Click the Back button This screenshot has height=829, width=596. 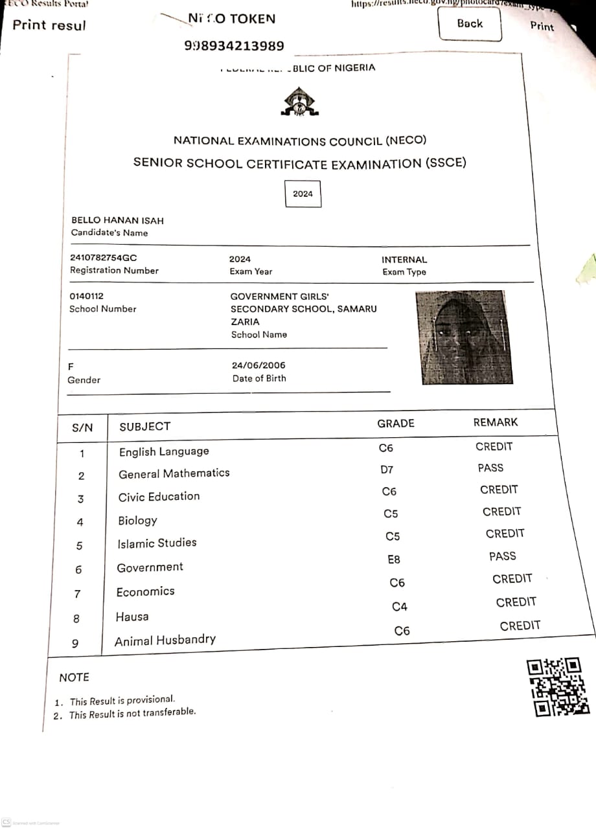(x=470, y=25)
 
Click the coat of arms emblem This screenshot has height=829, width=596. (x=299, y=102)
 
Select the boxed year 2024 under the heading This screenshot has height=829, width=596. (x=303, y=194)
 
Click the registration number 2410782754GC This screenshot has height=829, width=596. (x=104, y=258)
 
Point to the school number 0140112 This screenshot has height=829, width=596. (x=86, y=296)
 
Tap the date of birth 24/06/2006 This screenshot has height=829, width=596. (x=258, y=365)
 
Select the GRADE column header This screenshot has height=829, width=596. (x=395, y=424)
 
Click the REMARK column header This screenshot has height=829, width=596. (x=496, y=422)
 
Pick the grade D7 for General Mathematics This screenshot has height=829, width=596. (x=387, y=470)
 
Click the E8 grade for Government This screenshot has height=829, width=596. (x=393, y=560)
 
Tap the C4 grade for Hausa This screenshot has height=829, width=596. (x=400, y=607)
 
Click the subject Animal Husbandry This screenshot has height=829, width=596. (x=165, y=641)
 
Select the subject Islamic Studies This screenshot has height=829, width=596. (x=157, y=543)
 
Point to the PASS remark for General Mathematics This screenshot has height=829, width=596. (x=490, y=468)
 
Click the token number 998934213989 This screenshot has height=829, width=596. (x=235, y=46)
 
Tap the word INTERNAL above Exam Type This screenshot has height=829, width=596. (x=404, y=260)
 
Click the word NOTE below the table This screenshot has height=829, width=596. (x=74, y=677)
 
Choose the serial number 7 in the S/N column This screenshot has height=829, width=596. (x=78, y=594)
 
